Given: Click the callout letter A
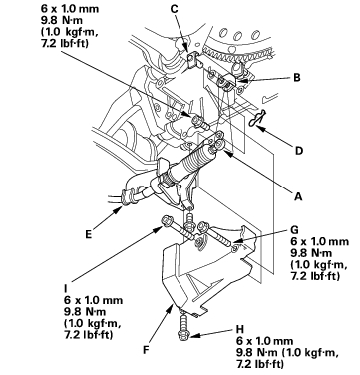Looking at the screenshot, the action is pyautogui.click(x=298, y=196).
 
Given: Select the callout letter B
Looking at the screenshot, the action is pyautogui.click(x=297, y=78).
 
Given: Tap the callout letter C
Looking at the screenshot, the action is pyautogui.click(x=175, y=9).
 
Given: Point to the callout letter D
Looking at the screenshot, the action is pyautogui.click(x=299, y=151).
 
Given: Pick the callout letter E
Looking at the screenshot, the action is pyautogui.click(x=88, y=234).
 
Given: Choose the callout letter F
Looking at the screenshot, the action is pyautogui.click(x=146, y=350).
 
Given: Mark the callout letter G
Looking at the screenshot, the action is pyautogui.click(x=294, y=230).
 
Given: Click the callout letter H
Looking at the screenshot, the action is pyautogui.click(x=240, y=329).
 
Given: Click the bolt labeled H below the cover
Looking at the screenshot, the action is pyautogui.click(x=183, y=328).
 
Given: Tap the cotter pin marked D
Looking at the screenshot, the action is pyautogui.click(x=258, y=119).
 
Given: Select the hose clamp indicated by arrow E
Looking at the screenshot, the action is pyautogui.click(x=128, y=197).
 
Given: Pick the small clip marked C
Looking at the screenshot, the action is pyautogui.click(x=192, y=60).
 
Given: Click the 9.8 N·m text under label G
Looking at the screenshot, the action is pyautogui.click(x=311, y=253).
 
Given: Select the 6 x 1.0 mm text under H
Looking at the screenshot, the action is pyautogui.click(x=265, y=341).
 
